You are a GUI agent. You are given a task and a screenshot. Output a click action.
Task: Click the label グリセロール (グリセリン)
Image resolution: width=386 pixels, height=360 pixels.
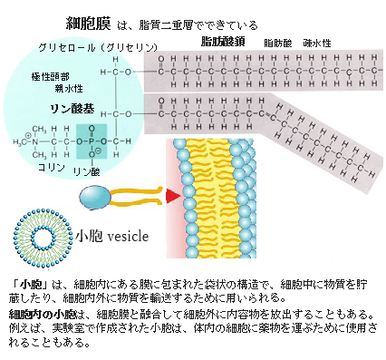tap(98, 46)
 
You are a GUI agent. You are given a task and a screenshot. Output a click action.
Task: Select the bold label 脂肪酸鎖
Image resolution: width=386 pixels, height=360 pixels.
tap(223, 42)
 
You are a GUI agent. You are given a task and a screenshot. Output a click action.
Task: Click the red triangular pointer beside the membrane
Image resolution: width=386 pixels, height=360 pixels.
tap(172, 195)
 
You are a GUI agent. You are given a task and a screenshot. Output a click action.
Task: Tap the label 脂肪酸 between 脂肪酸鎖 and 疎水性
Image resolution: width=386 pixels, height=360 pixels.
tap(276, 43)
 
